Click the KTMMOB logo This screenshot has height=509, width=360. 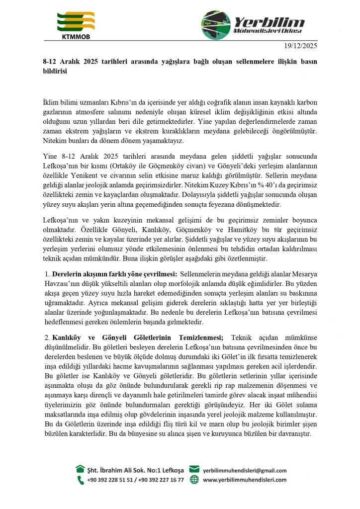(76, 25)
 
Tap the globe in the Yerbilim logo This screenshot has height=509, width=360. (216, 25)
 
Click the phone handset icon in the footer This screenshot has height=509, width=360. (80, 480)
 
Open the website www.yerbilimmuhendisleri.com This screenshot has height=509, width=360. (245, 480)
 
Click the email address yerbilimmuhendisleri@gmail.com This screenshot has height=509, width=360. (245, 470)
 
